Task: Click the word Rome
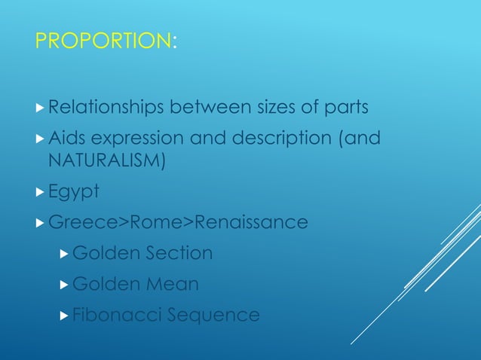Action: (x=157, y=223)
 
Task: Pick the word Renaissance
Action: (x=250, y=223)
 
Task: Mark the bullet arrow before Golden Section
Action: (x=65, y=254)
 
